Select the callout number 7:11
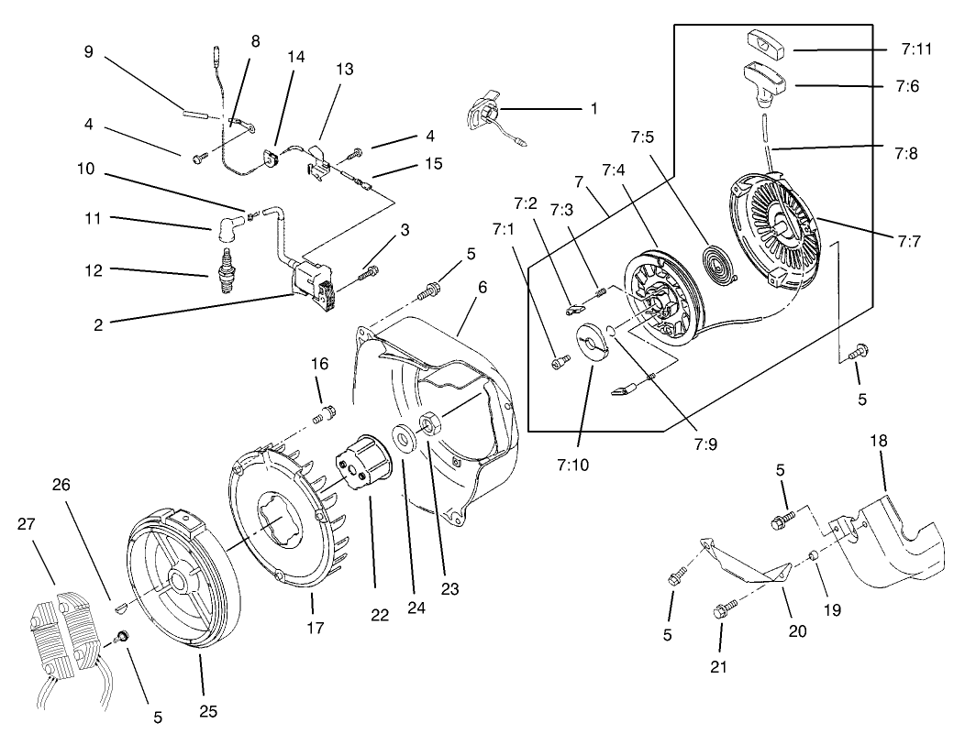coord(915,49)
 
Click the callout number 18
coord(879,442)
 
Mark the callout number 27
coord(27,524)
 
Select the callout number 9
coord(88,52)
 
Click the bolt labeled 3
coord(371,271)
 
